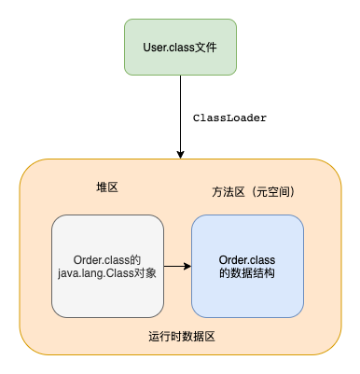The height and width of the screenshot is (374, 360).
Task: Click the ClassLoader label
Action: tap(229, 118)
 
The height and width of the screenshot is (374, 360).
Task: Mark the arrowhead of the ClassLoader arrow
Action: tap(179, 153)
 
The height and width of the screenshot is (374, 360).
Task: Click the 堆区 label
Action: tap(107, 187)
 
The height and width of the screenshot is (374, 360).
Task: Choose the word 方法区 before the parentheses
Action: tap(228, 192)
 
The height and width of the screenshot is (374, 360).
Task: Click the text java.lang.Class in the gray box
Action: tap(94, 272)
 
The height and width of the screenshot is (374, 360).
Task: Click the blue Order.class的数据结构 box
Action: tap(247, 266)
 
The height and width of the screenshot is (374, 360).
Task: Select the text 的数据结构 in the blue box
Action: tap(247, 273)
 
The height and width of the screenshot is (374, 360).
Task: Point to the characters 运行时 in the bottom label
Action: tap(164, 336)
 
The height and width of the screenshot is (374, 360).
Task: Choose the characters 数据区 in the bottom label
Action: tap(198, 336)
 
